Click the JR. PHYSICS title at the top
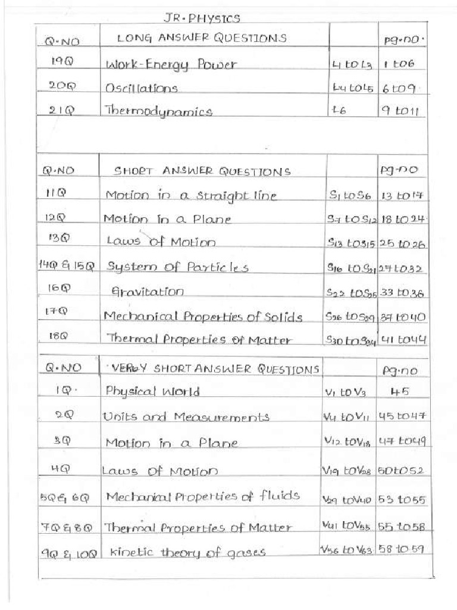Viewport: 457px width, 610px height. coord(201,19)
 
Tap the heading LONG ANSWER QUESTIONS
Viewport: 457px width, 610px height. coord(202,39)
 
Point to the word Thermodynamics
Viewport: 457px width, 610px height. coord(158,111)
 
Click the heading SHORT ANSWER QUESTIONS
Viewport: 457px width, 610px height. coord(202,172)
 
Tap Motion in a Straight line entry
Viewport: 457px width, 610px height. coord(191,195)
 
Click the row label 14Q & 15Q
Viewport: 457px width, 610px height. coord(67,266)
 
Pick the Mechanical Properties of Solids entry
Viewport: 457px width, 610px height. coord(203,316)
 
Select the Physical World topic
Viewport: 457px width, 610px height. coord(152,392)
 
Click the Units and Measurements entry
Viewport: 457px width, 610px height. coord(186,417)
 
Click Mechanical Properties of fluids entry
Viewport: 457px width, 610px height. coord(202,497)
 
